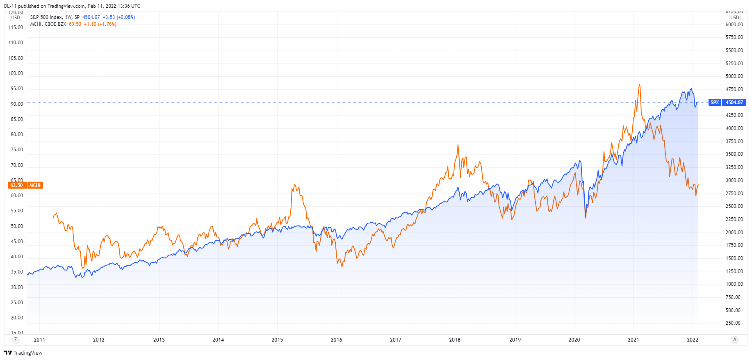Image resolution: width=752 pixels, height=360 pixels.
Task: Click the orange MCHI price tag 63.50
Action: point(17,185)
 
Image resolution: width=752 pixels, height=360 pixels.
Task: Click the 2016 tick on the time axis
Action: point(336,340)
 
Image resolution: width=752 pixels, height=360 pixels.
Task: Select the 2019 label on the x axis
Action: point(515,340)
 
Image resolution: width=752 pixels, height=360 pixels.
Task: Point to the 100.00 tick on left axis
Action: point(16,73)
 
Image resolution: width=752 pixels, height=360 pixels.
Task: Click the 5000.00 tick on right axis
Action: point(734,76)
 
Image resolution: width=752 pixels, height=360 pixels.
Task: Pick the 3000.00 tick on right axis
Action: point(734,180)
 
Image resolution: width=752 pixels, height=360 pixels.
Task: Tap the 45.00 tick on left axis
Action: point(17,242)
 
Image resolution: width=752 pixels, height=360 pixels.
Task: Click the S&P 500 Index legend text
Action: point(46,17)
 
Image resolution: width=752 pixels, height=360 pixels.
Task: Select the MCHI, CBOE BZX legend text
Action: point(48,24)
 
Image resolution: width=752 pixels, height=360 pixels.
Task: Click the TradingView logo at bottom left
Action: point(23,353)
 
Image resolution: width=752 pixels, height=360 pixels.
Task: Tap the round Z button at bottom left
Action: point(16,339)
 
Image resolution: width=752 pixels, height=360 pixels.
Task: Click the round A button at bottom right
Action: point(735,339)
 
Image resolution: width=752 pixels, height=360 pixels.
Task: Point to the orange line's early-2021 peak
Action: point(639,85)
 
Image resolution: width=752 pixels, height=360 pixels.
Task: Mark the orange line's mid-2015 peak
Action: point(295,185)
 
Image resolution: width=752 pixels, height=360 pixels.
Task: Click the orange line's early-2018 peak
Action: point(458,144)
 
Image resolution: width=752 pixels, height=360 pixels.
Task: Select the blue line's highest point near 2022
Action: point(691,89)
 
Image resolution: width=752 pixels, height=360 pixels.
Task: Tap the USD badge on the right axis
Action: point(734,18)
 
